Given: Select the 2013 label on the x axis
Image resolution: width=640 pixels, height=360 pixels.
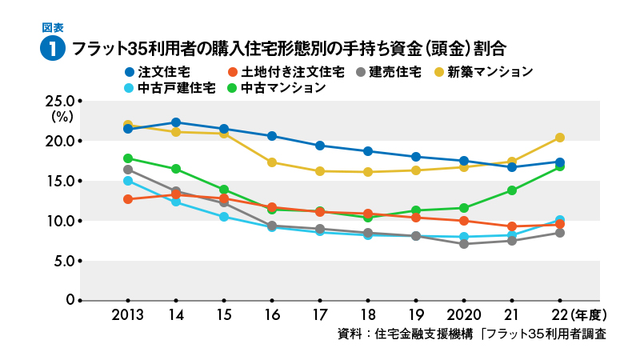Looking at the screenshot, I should pyautogui.click(x=127, y=314).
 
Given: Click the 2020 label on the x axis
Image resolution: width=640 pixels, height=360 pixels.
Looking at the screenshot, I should pyautogui.click(x=463, y=314).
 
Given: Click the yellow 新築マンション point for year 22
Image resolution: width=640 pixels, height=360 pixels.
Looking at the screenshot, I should pyautogui.click(x=560, y=138).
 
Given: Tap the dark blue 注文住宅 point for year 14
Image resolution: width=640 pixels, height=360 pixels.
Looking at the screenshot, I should pyautogui.click(x=176, y=122).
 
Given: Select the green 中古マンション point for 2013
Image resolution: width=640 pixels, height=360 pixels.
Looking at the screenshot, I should pyautogui.click(x=128, y=158).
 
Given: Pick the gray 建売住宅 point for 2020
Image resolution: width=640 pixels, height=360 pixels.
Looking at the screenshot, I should pyautogui.click(x=464, y=243).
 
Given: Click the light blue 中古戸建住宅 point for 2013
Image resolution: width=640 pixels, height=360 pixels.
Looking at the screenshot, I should pyautogui.click(x=128, y=181).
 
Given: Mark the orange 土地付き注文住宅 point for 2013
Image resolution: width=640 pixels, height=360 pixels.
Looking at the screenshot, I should pyautogui.click(x=128, y=198).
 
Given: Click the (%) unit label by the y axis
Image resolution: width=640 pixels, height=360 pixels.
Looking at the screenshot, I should pyautogui.click(x=62, y=117).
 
